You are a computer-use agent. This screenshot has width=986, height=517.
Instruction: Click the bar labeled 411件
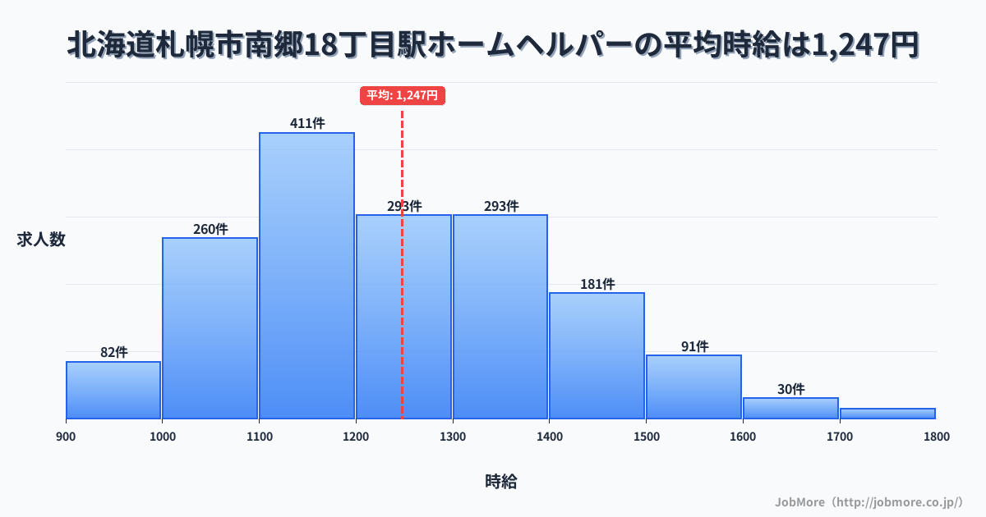[x=306, y=275]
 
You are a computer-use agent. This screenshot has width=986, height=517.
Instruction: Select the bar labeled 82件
[x=113, y=390]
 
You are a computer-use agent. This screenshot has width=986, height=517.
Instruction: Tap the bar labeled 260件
[x=210, y=328]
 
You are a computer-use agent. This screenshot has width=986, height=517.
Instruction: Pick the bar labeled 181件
[x=597, y=355]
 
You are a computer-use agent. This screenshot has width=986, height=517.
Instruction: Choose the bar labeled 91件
[x=693, y=387]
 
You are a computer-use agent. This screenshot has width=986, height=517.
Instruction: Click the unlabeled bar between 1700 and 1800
[x=887, y=414]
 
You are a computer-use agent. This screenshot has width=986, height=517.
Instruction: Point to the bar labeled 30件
[x=790, y=408]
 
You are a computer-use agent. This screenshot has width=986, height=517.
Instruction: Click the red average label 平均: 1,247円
[x=403, y=95]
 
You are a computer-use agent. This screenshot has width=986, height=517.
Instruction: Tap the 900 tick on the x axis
[x=66, y=437]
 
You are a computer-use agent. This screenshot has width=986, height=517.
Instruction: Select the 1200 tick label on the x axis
[x=356, y=437]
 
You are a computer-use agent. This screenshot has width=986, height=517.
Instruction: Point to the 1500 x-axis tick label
[x=646, y=437]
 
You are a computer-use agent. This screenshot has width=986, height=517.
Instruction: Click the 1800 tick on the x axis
[x=936, y=437]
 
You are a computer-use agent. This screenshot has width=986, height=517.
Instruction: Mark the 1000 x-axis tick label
[x=163, y=437]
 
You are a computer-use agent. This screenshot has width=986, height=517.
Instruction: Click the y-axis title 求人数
[x=41, y=240]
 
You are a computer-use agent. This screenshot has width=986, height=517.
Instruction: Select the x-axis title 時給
[x=500, y=482]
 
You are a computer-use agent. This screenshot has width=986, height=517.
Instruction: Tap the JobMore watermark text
[x=869, y=501]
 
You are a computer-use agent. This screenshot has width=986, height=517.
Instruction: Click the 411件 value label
[x=307, y=124]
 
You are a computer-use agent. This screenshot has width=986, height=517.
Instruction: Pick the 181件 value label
[x=597, y=284]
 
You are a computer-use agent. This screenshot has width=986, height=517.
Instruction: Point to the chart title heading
[x=493, y=45]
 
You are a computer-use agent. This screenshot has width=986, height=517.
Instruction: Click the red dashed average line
[x=402, y=328]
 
